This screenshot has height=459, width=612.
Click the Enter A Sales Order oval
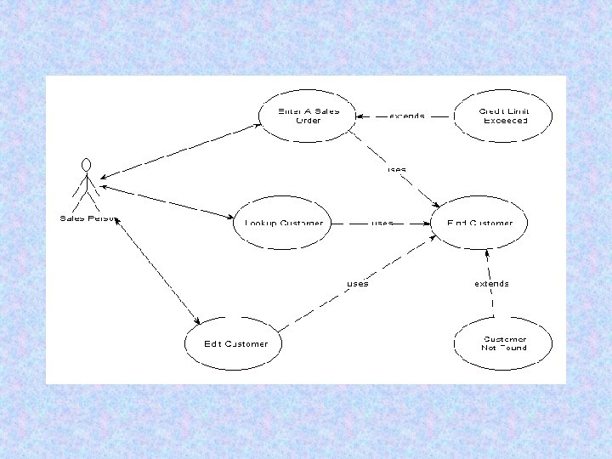(308, 116)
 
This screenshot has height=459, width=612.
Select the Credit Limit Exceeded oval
(504, 116)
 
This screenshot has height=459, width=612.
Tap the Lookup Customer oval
(283, 223)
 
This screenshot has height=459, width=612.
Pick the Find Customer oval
(480, 223)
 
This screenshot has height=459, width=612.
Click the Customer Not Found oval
(504, 343)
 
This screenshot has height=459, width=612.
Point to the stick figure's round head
(85, 164)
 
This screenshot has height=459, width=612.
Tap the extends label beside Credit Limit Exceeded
(407, 116)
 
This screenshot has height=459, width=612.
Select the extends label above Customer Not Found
(491, 284)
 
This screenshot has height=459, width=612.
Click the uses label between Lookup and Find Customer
(382, 224)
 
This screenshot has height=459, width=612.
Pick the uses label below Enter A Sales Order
(396, 170)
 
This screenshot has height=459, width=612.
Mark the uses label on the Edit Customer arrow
(357, 284)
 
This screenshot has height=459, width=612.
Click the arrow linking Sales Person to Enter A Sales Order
(178, 150)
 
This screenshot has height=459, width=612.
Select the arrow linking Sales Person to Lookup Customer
(166, 201)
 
